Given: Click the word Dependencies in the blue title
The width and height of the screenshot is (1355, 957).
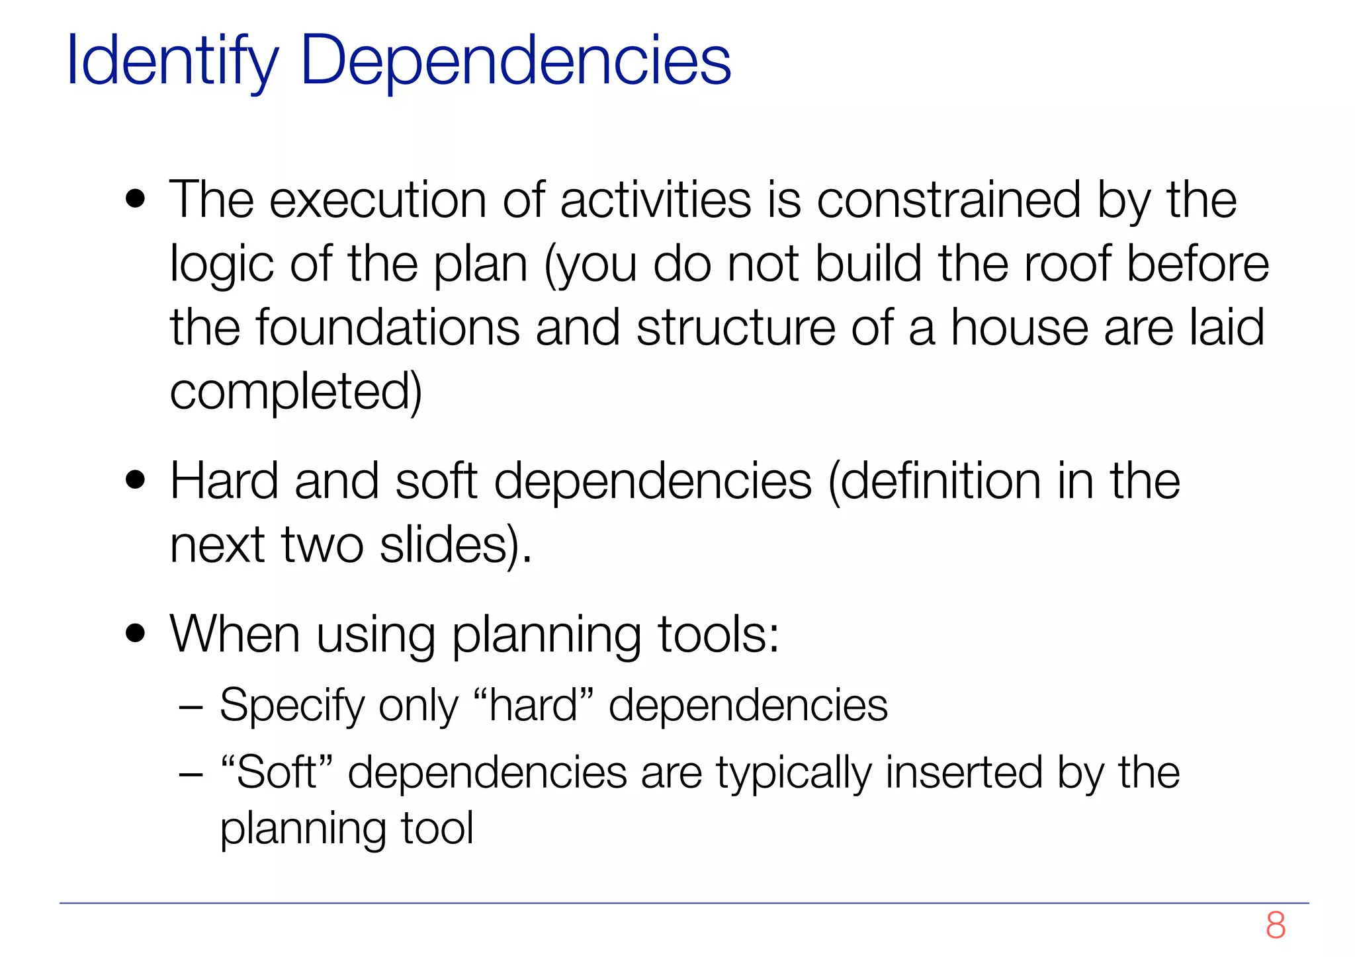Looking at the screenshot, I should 515,62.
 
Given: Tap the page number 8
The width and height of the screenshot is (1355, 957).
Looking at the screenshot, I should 1275,925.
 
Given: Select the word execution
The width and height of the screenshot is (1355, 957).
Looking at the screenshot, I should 377,200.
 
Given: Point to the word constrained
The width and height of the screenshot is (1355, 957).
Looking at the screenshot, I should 949,200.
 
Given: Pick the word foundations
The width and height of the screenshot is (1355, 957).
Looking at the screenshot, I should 388,328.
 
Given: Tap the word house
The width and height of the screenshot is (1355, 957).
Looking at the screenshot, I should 1019,328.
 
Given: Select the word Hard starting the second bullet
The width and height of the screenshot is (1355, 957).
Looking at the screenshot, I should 224,481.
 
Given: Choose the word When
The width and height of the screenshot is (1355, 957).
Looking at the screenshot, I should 235,634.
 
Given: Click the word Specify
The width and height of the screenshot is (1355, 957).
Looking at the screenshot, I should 292,706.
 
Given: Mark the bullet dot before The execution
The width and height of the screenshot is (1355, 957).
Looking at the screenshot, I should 136,200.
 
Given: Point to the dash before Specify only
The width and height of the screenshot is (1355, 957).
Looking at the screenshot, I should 191,707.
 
